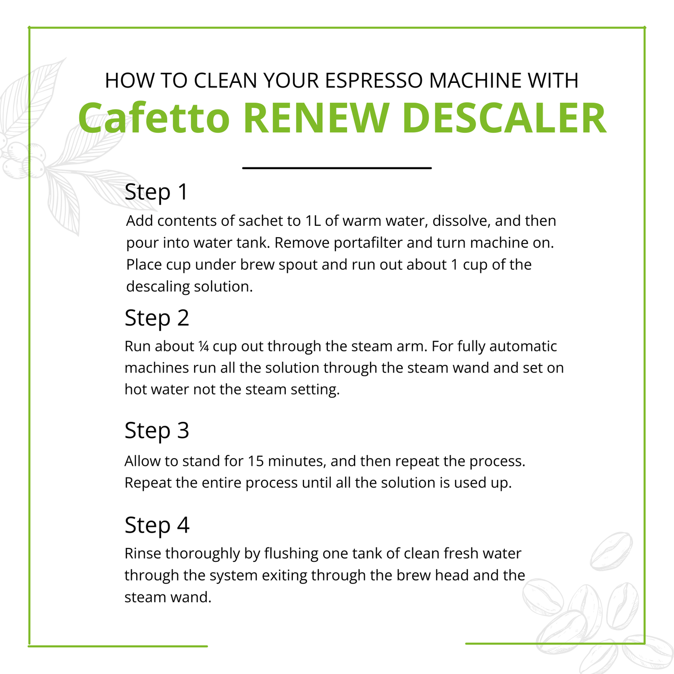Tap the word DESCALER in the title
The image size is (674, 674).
504,118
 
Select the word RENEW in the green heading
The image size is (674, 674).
316,118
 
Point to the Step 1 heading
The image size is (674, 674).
156,192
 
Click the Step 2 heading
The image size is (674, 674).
157,318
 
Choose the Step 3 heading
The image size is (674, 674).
157,430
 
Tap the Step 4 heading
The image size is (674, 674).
157,525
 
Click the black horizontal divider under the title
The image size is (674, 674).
337,168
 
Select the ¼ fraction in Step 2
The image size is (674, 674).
203,346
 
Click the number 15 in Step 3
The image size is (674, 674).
256,461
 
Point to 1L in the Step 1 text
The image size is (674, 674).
313,221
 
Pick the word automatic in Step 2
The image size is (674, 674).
523,346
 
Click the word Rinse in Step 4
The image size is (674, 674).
143,554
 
